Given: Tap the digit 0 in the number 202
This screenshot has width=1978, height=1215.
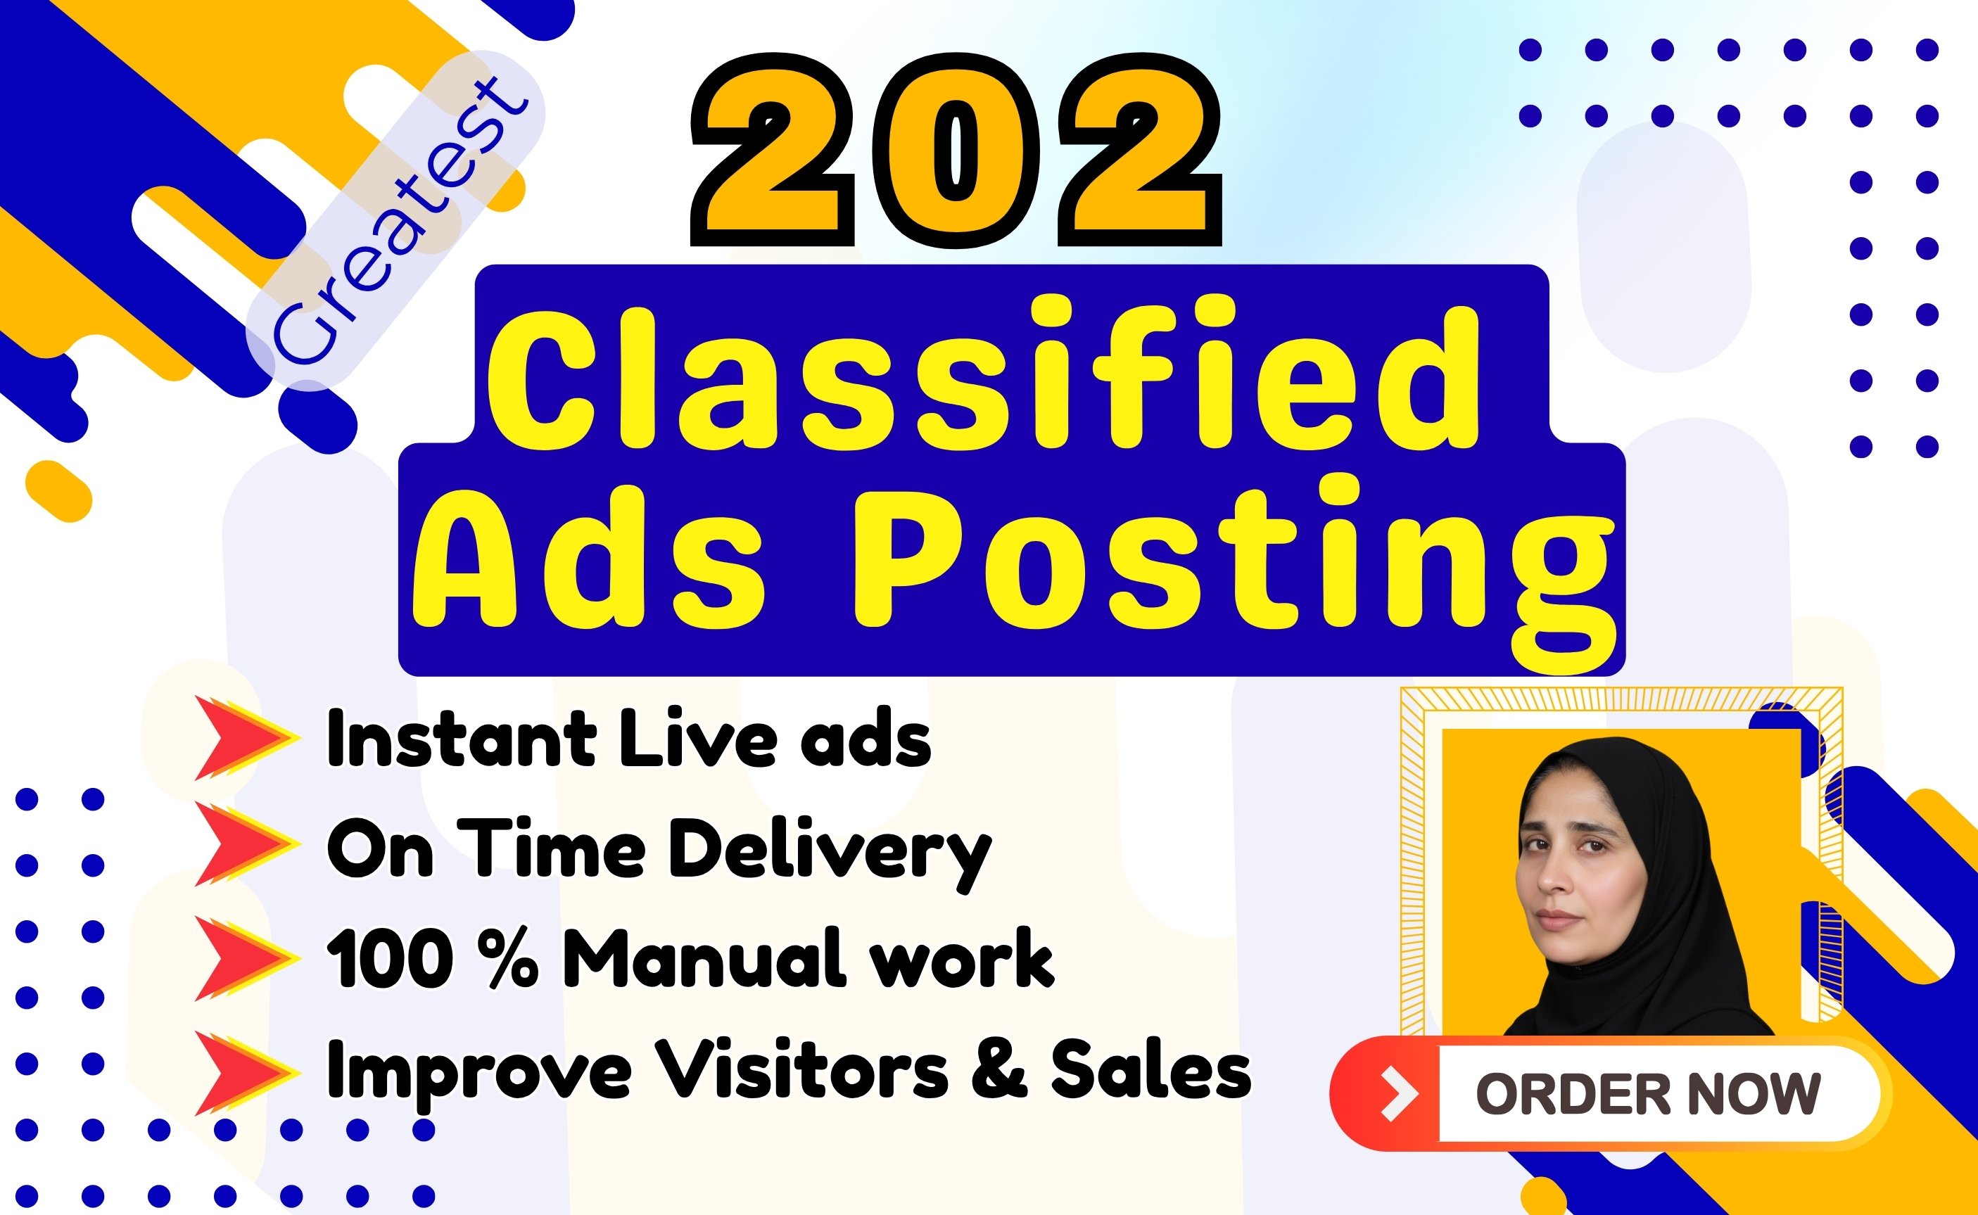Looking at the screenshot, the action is click(956, 151).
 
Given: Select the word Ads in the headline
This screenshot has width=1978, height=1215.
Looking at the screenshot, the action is click(588, 554).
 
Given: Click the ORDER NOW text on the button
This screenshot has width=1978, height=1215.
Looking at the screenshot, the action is click(1649, 1095).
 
